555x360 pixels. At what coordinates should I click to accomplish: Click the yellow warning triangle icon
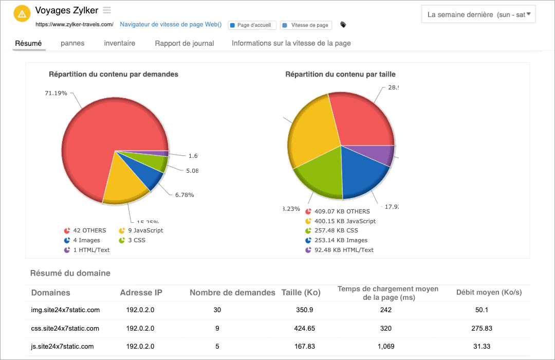(22, 13)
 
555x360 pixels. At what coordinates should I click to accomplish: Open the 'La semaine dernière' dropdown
(478, 14)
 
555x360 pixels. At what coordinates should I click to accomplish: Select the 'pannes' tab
(72, 43)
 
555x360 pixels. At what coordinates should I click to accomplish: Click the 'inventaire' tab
(120, 43)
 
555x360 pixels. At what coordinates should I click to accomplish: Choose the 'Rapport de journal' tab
(184, 43)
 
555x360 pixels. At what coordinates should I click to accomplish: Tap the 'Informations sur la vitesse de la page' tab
(291, 43)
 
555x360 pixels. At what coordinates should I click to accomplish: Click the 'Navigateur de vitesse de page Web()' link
(171, 24)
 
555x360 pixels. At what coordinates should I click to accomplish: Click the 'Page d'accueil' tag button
(252, 25)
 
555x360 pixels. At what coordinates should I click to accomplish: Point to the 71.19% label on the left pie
(56, 93)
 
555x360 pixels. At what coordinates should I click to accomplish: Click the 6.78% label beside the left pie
(184, 195)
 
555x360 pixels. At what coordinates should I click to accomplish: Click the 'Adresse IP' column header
(141, 293)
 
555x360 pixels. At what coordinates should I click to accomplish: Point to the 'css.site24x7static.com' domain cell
(65, 328)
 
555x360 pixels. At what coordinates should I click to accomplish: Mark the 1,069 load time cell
(386, 347)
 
